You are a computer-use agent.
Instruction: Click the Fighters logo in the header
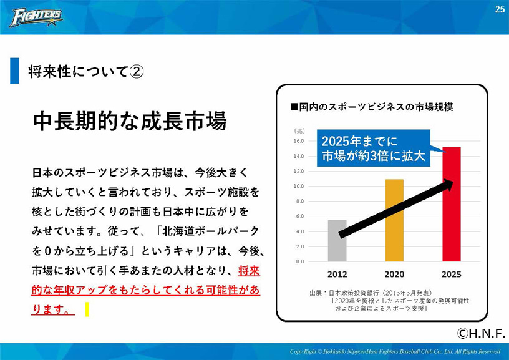click(36, 17)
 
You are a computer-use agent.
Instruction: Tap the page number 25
click(500, 9)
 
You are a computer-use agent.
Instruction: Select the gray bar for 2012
click(337, 241)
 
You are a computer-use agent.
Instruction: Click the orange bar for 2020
click(394, 220)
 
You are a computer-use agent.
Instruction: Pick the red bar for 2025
click(452, 204)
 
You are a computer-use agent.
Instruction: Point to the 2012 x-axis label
click(337, 275)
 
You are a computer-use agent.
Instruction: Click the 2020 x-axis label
click(394, 275)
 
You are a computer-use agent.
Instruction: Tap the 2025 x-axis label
click(452, 275)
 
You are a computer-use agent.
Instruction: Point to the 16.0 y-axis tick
click(299, 141)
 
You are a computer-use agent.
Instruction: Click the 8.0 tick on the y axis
click(299, 202)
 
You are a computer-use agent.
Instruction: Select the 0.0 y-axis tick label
click(299, 261)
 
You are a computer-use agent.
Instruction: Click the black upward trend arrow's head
click(448, 185)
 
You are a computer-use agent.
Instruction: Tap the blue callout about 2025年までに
click(374, 148)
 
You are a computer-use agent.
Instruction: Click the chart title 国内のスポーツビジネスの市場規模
click(372, 107)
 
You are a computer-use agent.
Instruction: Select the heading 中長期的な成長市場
click(130, 122)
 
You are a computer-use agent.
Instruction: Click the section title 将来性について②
click(85, 71)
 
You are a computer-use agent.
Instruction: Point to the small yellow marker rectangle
click(87, 309)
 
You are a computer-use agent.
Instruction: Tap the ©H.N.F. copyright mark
click(482, 333)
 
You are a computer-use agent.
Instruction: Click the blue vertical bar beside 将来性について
click(14, 71)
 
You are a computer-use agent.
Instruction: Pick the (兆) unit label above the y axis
click(299, 131)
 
